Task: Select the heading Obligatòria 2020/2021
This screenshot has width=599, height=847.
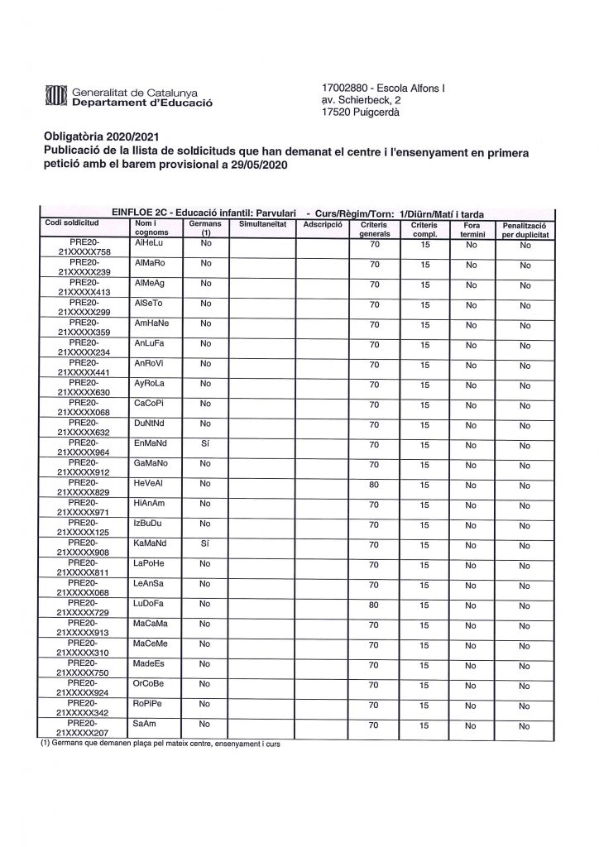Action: (x=99, y=137)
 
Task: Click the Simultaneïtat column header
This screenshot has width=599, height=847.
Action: (x=261, y=225)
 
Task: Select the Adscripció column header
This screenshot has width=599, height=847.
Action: (x=322, y=225)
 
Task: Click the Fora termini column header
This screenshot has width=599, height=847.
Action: (x=472, y=229)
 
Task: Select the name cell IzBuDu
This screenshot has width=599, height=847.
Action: (x=149, y=524)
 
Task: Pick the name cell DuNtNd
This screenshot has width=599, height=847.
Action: (x=151, y=424)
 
